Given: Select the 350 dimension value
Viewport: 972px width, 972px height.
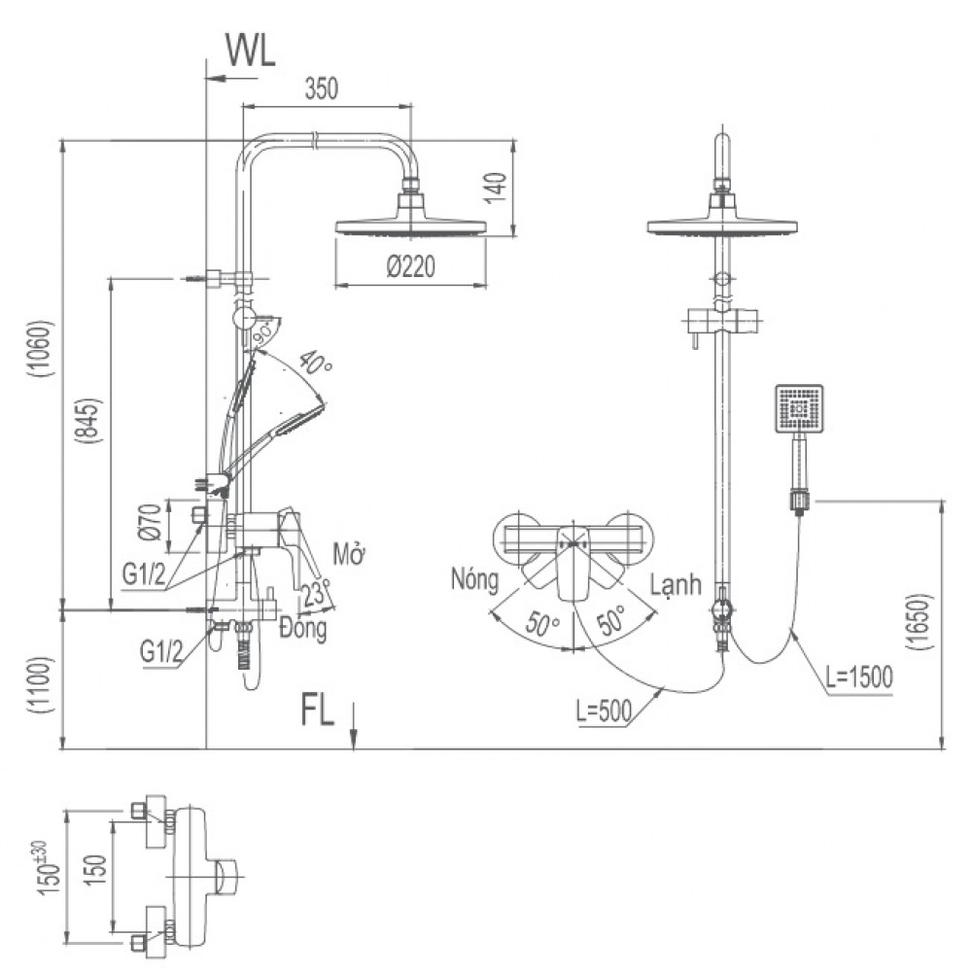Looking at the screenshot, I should pos(321,89).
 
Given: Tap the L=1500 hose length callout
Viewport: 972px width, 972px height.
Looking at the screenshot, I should pos(853,677).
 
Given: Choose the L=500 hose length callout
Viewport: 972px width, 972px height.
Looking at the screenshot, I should pos(604,712).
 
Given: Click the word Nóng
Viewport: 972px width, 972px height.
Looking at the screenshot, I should pos(474,581).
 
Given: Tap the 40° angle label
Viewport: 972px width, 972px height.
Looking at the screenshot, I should pos(316,364).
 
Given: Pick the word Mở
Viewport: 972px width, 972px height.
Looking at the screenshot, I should pos(347,554).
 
